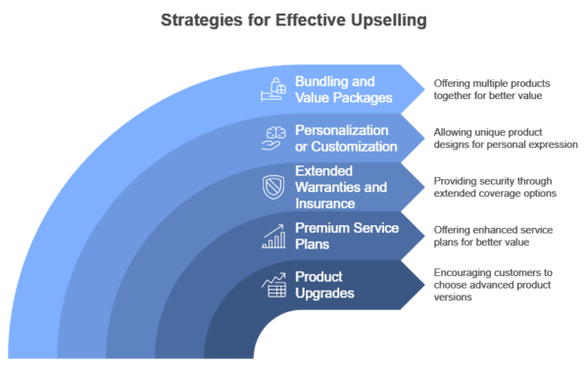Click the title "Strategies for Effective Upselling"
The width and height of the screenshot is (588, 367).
293,19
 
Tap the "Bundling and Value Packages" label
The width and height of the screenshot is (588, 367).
344,90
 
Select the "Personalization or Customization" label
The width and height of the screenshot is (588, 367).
347,138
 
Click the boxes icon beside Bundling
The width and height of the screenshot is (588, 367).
271,90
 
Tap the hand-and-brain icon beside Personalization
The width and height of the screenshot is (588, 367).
274,138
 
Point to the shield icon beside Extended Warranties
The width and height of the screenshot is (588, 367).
275,187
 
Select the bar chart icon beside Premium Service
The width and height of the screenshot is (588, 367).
274,236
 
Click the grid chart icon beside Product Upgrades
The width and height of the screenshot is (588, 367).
274,285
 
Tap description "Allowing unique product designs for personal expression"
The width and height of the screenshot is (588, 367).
505,138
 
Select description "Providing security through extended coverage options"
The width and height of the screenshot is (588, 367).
497,187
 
